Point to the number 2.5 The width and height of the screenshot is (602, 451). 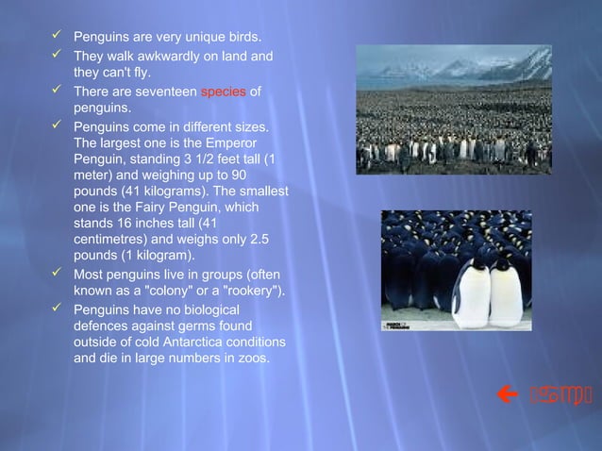[x=266, y=240]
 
